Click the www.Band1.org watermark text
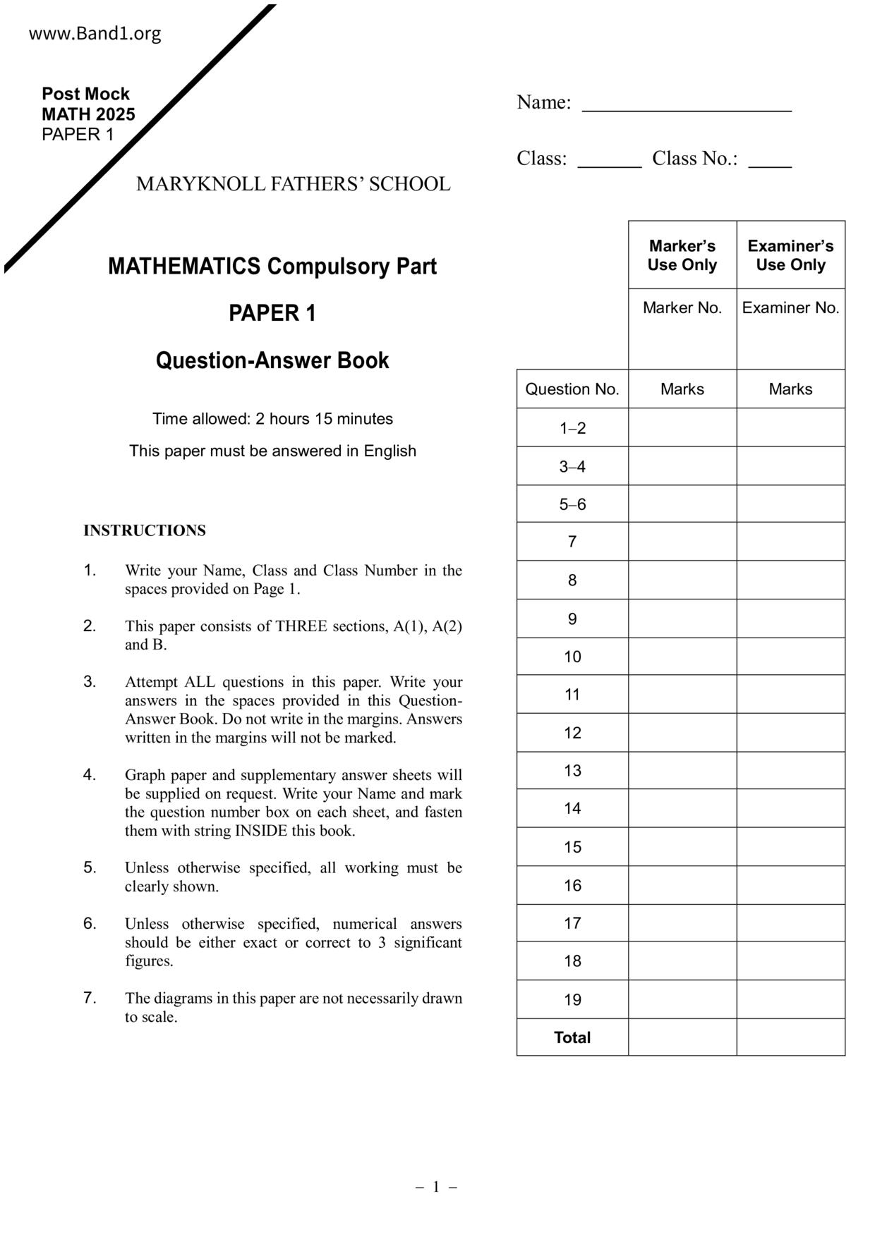pyautogui.click(x=95, y=34)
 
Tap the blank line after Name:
pyautogui.click(x=686, y=109)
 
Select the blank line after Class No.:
pyautogui.click(x=770, y=164)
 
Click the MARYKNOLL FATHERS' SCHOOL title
pyautogui.click(x=293, y=184)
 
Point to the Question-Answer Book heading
pyautogui.click(x=272, y=360)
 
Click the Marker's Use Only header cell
pyautogui.click(x=682, y=255)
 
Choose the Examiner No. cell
pyautogui.click(x=790, y=308)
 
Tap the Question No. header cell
pyautogui.click(x=572, y=389)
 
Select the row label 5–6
pyautogui.click(x=572, y=504)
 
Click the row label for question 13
pyautogui.click(x=572, y=771)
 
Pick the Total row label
pyautogui.click(x=572, y=1037)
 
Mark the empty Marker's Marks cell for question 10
pyautogui.click(x=682, y=657)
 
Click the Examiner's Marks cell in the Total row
pyautogui.click(x=790, y=1037)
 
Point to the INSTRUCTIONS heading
pyautogui.click(x=145, y=530)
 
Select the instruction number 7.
pyautogui.click(x=90, y=998)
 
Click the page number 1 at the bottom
pyautogui.click(x=436, y=1187)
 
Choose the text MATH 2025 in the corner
pyautogui.click(x=88, y=114)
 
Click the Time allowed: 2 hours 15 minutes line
pyautogui.click(x=272, y=419)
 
